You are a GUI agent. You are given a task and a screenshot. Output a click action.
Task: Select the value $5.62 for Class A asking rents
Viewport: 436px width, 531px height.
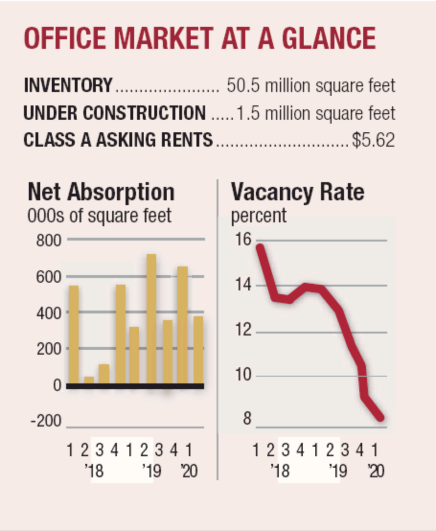[x=373, y=140]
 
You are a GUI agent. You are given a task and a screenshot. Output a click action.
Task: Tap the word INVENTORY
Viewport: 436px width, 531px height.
[x=68, y=86]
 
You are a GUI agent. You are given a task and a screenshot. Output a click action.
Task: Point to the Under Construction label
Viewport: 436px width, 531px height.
[x=114, y=113]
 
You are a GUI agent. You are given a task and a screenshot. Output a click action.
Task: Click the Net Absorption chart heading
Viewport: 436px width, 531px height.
[x=101, y=192]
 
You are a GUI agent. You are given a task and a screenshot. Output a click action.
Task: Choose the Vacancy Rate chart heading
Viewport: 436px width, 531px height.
[x=298, y=192]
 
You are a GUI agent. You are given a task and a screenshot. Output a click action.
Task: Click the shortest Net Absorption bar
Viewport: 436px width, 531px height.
[x=89, y=380]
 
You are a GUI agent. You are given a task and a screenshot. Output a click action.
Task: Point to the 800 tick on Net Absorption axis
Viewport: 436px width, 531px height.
[x=49, y=239]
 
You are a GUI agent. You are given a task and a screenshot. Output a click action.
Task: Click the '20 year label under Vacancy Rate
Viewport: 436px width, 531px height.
[x=376, y=471]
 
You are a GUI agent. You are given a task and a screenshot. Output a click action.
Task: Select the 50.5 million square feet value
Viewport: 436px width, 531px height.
[x=311, y=86]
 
